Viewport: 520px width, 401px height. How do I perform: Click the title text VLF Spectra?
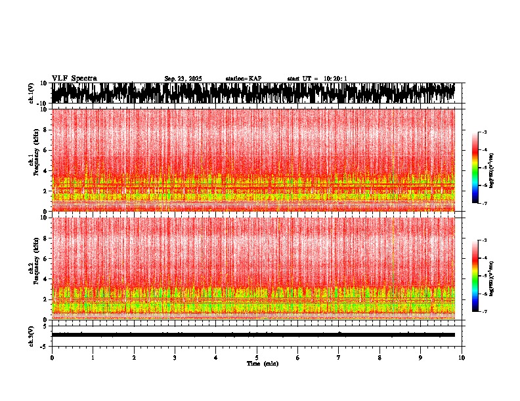[x=74, y=78]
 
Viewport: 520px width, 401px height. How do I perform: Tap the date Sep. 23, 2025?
[x=183, y=79]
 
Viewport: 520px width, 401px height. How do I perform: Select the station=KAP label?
[x=243, y=79]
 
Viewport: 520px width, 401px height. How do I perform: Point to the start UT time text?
[x=317, y=79]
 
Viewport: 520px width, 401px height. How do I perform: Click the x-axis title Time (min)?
[x=262, y=363]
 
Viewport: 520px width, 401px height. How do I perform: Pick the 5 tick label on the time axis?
[x=257, y=357]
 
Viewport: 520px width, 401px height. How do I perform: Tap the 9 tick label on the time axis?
[x=421, y=357]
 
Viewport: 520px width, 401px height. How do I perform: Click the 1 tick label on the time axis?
[x=93, y=357]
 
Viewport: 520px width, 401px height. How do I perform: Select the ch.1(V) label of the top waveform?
[x=32, y=93]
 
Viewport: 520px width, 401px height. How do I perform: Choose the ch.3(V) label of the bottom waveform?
[x=32, y=335]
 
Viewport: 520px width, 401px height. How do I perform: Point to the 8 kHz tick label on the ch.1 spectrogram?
[x=46, y=130]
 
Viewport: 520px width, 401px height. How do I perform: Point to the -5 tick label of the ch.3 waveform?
[x=45, y=345]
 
